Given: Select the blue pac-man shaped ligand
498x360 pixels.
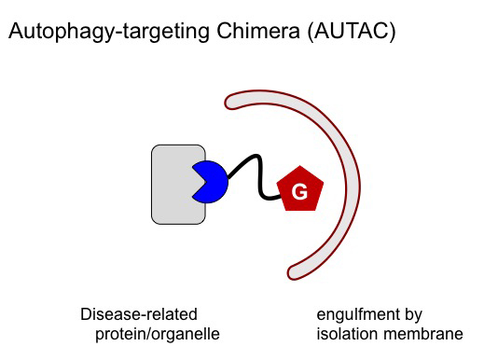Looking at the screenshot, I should coord(212,182).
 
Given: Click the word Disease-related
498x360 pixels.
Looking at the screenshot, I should coord(138,315).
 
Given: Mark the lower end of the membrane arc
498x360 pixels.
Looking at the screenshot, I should coord(297,271).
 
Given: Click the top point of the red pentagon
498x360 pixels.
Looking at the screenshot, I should coord(300,166).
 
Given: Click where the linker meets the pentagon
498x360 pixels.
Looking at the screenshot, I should coord(281,197).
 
